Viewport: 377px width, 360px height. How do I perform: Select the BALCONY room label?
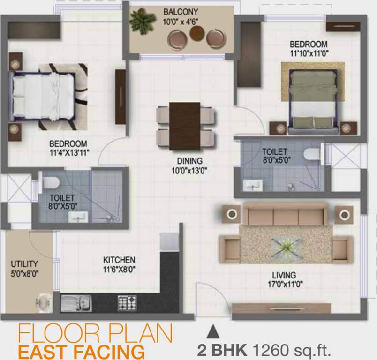click(x=181, y=11)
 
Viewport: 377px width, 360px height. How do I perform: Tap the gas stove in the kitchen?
click(x=127, y=303)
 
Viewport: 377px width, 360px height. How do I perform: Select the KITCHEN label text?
click(x=119, y=260)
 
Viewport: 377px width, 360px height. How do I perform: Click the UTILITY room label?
click(x=24, y=264)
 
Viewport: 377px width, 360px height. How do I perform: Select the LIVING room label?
click(x=284, y=275)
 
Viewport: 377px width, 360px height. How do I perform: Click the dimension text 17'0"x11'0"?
click(x=285, y=283)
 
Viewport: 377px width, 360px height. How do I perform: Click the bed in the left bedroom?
click(x=43, y=96)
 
